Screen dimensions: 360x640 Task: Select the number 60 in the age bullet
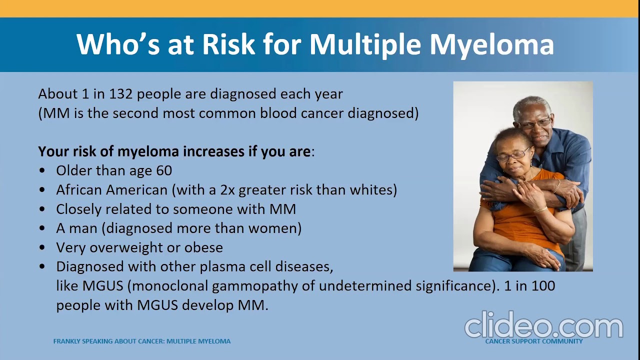point(164,170)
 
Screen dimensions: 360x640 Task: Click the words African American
point(111,190)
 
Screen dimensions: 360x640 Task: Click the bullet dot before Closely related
point(42,209)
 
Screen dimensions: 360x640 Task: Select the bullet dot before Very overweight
point(42,248)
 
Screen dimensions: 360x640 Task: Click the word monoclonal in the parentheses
point(174,286)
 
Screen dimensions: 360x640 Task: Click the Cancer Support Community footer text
point(533,341)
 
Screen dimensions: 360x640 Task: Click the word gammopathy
point(263,286)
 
